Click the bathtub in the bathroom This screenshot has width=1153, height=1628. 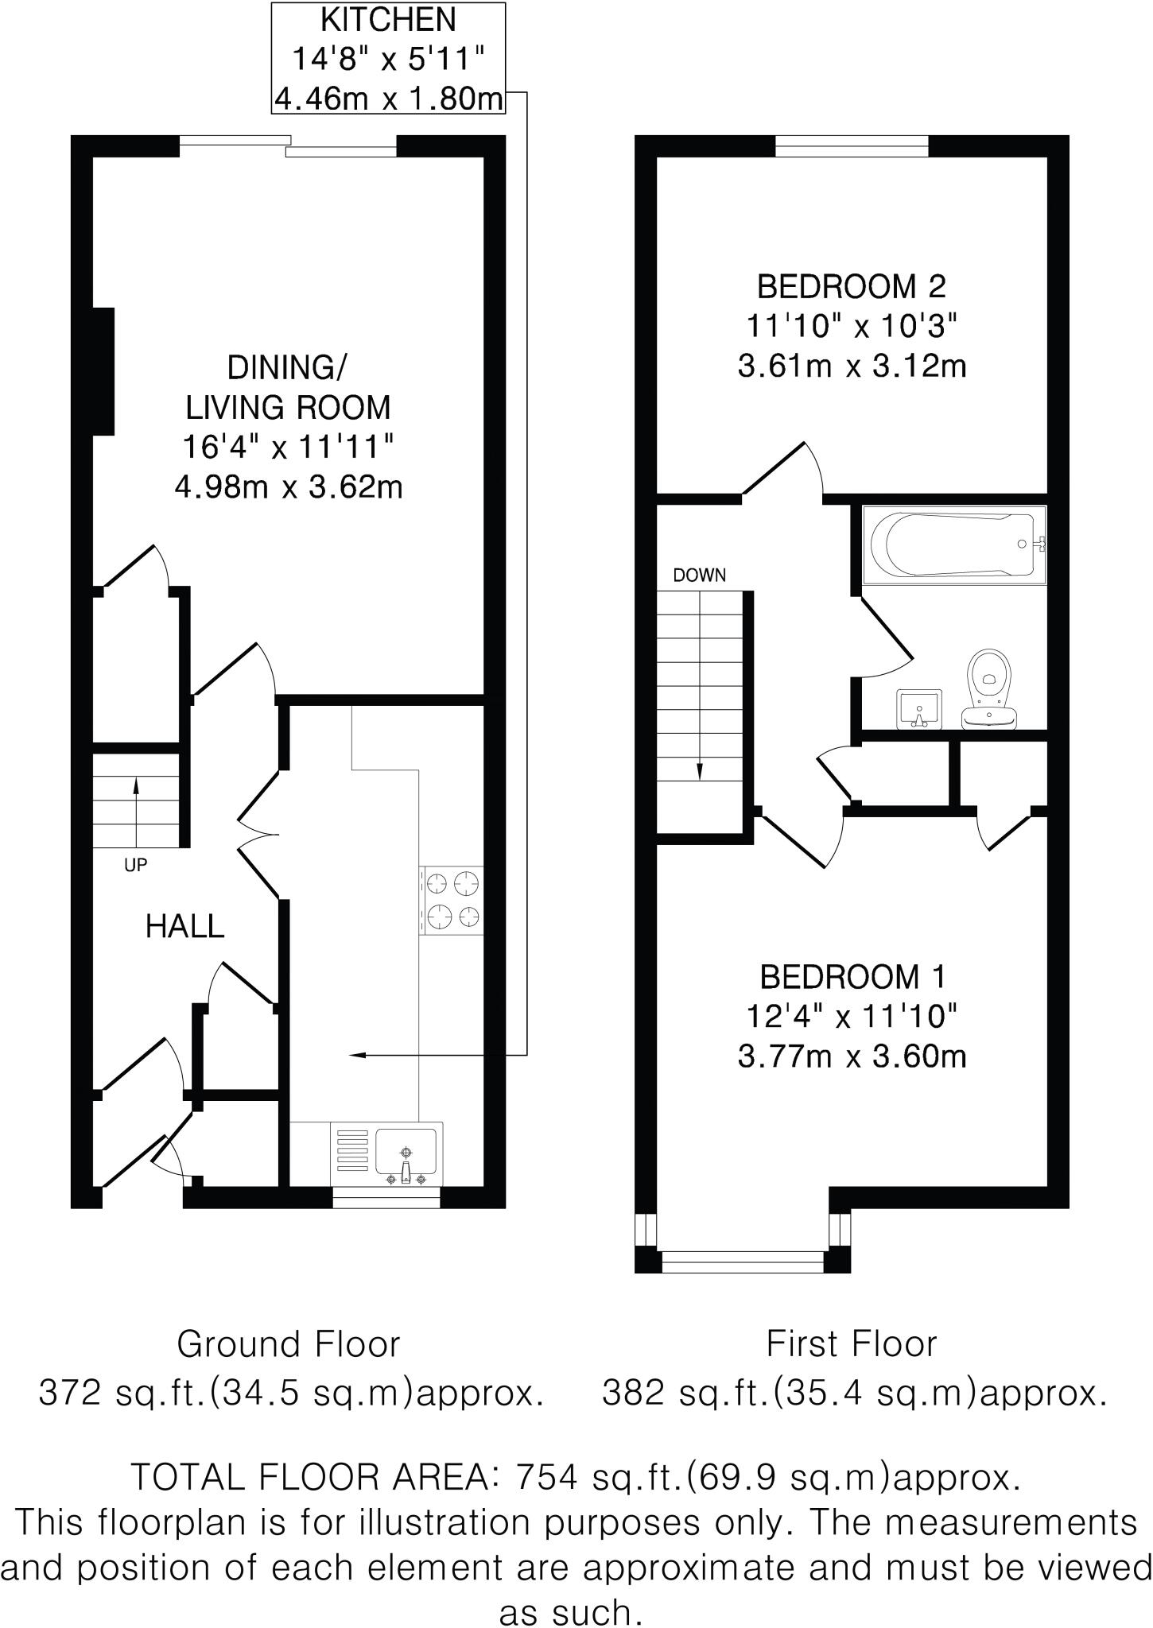pos(953,545)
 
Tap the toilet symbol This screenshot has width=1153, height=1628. pos(989,688)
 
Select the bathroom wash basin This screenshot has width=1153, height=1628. pos(919,708)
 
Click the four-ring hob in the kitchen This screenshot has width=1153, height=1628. pos(452,900)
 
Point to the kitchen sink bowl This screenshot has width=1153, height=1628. pos(406,1152)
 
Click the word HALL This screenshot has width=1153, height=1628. pos(184,926)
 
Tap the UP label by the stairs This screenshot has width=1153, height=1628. pos(135,865)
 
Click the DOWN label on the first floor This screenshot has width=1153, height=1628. pos(699,576)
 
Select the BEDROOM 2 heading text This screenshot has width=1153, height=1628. pos(851,286)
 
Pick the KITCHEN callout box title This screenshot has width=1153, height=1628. pos(388,19)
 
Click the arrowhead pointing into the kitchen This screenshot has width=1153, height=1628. pos(357,1055)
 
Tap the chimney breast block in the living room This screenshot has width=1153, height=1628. pos(104,371)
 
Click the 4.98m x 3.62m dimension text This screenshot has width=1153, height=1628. pos(289,486)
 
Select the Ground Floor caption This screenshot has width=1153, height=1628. pos(288,1344)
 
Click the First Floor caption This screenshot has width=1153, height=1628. pos(851,1344)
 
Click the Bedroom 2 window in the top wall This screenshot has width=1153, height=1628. pos(852,146)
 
